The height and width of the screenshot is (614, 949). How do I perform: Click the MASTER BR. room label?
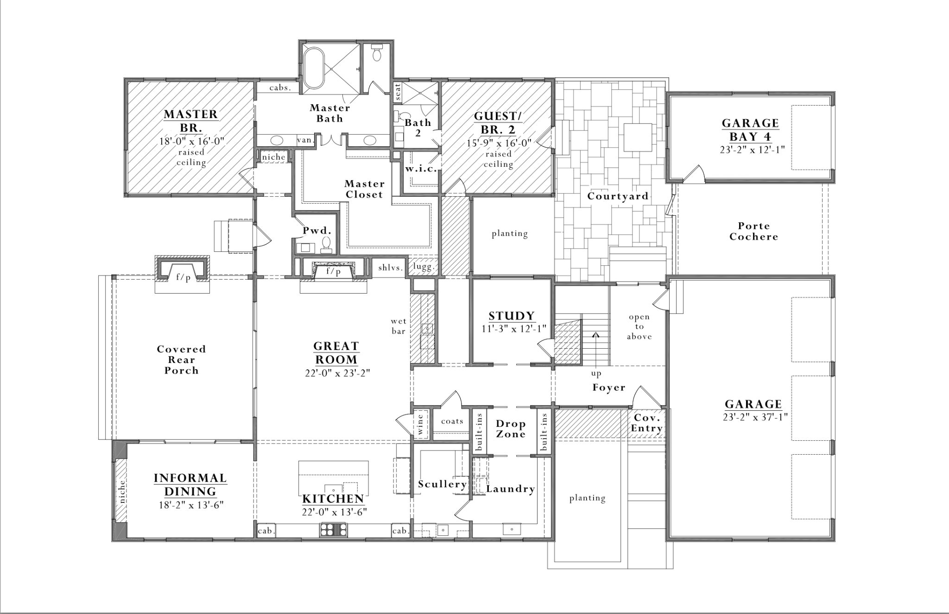point(190,120)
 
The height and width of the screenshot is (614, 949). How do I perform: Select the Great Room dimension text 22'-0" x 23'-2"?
point(337,373)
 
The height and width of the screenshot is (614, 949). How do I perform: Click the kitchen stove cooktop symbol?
point(333,529)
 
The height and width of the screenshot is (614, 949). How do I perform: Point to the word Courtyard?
point(618,196)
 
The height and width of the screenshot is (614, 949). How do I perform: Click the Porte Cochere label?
point(753,231)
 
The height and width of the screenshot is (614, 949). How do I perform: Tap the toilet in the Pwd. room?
point(326,244)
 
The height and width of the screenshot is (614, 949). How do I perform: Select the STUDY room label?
point(512,316)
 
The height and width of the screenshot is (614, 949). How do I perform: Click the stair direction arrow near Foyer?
point(596,334)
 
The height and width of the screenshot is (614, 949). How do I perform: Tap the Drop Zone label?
point(511,429)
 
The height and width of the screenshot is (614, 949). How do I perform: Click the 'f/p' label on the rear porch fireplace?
point(183,277)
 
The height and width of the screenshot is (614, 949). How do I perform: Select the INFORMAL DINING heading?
point(190,484)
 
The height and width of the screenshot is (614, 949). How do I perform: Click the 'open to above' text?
point(639,326)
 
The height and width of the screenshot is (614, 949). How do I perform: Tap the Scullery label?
point(442,484)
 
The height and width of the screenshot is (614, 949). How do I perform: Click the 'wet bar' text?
point(399,326)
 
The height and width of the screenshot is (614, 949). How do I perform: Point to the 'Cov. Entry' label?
point(646,423)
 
